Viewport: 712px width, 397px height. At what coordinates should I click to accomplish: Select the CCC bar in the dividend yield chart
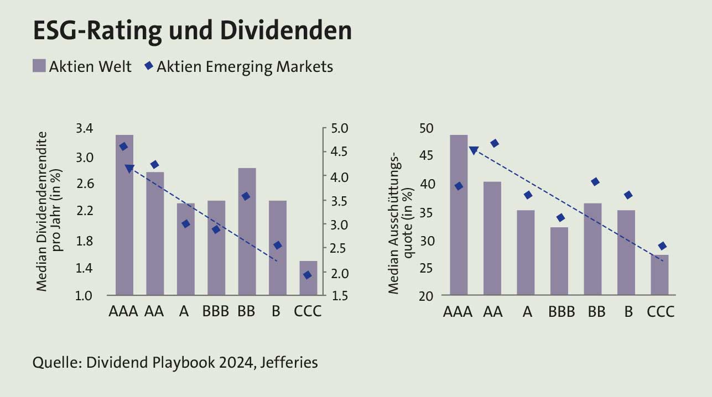pos(308,279)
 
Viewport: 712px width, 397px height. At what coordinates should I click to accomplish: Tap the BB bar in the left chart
pos(247,232)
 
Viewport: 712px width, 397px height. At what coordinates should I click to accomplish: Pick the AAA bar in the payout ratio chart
pos(459,216)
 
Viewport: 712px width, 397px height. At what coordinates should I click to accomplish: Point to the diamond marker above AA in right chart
pos(495,144)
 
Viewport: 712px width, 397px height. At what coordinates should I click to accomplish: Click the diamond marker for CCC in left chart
pos(308,275)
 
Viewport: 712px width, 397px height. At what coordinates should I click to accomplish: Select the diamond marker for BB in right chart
pos(595,182)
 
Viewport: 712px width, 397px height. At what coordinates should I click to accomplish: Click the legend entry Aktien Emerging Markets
pos(238,67)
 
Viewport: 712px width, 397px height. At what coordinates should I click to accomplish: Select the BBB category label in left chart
pos(216,311)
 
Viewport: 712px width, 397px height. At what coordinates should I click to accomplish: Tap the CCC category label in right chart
pos(661,311)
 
